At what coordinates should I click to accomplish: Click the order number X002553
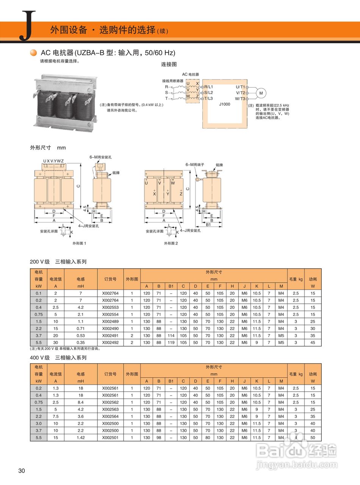(x=110, y=307)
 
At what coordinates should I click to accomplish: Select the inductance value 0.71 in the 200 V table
(x=80, y=329)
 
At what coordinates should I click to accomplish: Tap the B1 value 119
(x=171, y=343)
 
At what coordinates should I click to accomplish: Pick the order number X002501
(x=110, y=437)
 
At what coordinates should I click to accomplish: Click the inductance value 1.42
(x=80, y=437)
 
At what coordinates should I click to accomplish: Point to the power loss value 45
(x=313, y=343)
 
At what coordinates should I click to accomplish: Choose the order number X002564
(x=110, y=416)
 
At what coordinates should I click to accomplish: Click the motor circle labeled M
(x=261, y=93)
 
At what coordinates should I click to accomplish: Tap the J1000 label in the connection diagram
(x=224, y=104)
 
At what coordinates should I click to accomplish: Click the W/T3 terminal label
(x=240, y=99)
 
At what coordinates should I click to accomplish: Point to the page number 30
(x=22, y=471)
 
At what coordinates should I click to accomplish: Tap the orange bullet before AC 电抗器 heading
(x=34, y=53)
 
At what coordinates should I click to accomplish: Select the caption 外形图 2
(x=171, y=243)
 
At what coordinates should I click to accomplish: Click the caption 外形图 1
(x=80, y=243)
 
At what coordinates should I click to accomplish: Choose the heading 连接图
(x=169, y=64)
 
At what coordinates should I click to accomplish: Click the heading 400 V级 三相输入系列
(x=58, y=357)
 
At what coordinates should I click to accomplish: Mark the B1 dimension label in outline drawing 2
(x=208, y=225)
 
